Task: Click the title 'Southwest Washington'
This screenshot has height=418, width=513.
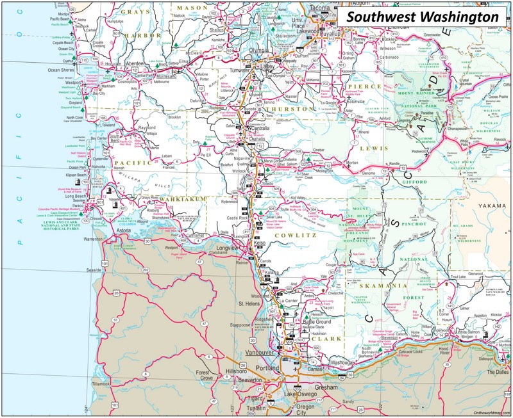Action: pyautogui.click(x=423, y=17)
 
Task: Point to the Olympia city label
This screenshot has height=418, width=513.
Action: pyautogui.click(x=259, y=50)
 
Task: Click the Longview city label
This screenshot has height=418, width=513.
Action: pyautogui.click(x=227, y=248)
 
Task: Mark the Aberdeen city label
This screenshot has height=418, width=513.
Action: pyautogui.click(x=136, y=64)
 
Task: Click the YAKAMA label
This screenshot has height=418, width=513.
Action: pyautogui.click(x=492, y=205)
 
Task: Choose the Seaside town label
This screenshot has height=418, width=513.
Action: pyautogui.click(x=94, y=270)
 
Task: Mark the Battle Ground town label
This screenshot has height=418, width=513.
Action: pyautogui.click(x=317, y=321)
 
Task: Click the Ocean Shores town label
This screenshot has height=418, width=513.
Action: pyautogui.click(x=62, y=70)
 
